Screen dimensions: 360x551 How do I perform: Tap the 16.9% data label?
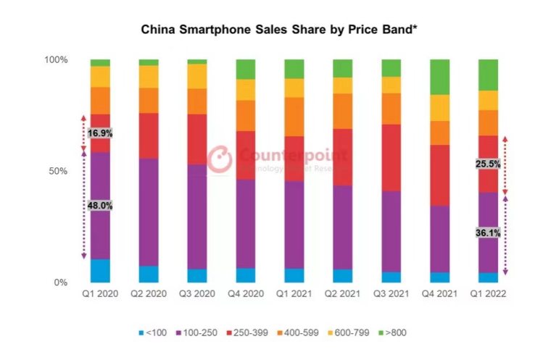pyautogui.click(x=100, y=133)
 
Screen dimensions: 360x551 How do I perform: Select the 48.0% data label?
pyautogui.click(x=100, y=206)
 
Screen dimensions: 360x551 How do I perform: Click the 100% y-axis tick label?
pyautogui.click(x=55, y=59)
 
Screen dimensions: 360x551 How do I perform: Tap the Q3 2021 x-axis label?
pyautogui.click(x=391, y=294)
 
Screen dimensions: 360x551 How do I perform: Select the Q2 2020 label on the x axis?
pyautogui.click(x=149, y=294)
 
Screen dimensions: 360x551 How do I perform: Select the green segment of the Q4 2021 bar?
pyautogui.click(x=440, y=77)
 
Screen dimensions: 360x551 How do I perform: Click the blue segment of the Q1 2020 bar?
pyautogui.click(x=100, y=270)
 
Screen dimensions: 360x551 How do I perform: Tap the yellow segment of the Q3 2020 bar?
pyautogui.click(x=197, y=76)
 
